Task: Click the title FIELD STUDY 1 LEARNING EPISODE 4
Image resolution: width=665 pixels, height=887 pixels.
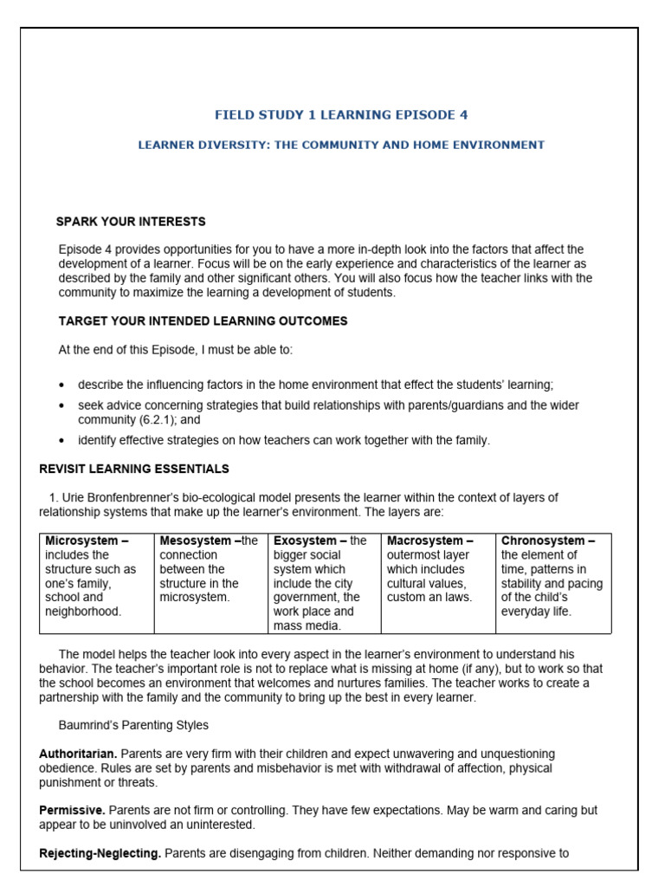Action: [341, 114]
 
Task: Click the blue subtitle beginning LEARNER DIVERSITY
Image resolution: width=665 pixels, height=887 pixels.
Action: [341, 145]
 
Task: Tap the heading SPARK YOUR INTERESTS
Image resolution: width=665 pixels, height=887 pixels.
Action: [131, 222]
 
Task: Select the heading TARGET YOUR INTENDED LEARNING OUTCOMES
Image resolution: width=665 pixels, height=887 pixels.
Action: [203, 320]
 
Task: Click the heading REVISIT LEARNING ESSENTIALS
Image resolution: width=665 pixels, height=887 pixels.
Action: [134, 469]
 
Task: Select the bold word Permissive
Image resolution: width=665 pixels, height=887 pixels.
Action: [72, 811]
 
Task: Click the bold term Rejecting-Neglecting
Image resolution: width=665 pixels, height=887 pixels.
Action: [100, 853]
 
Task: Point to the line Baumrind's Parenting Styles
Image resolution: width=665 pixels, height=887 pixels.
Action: [133, 725]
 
